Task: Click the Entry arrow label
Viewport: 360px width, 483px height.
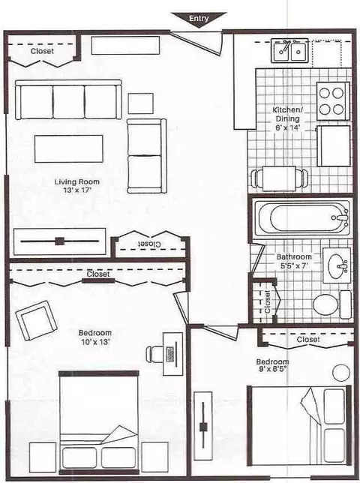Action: [x=199, y=19]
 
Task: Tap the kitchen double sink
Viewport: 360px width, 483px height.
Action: [x=289, y=50]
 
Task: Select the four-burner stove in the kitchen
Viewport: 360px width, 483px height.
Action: [x=333, y=100]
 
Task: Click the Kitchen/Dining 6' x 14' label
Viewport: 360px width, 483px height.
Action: [x=287, y=118]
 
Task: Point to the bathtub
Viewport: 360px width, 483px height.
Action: [x=301, y=217]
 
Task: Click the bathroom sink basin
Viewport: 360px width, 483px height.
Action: [x=337, y=265]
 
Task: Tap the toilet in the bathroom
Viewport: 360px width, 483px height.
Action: [x=332, y=304]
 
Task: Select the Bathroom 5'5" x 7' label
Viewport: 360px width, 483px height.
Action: [x=294, y=261]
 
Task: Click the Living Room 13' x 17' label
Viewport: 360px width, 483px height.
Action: [x=77, y=186]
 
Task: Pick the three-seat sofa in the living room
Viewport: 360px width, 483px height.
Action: [x=68, y=100]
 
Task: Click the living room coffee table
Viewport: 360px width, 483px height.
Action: [x=69, y=148]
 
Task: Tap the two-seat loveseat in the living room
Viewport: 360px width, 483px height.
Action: [x=147, y=156]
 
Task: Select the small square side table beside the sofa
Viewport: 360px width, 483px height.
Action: [x=141, y=103]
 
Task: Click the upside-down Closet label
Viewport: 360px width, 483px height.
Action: [x=149, y=244]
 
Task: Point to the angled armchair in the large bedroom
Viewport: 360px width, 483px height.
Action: [x=36, y=321]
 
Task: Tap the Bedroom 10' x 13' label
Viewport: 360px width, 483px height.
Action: [x=95, y=337]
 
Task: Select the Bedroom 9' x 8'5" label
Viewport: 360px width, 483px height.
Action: [x=272, y=365]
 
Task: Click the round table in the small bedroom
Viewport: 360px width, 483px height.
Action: [x=341, y=373]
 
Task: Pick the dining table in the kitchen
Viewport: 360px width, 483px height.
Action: [x=279, y=178]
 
